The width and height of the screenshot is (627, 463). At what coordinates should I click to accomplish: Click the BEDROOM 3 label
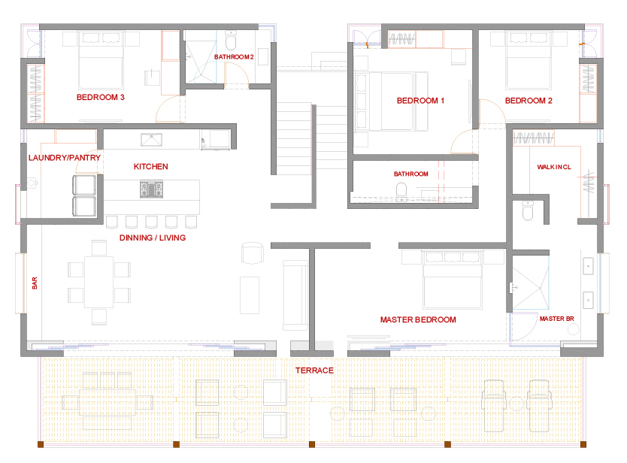click(101, 97)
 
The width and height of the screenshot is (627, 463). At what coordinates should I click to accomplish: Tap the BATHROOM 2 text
click(234, 57)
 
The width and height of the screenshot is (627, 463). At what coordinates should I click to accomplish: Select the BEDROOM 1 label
click(420, 101)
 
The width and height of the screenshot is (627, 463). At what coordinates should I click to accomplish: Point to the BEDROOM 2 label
click(529, 101)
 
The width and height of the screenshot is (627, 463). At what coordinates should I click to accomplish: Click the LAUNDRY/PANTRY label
click(65, 158)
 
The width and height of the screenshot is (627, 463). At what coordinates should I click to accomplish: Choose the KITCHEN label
click(151, 166)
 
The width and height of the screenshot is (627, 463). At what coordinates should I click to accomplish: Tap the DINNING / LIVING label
click(153, 238)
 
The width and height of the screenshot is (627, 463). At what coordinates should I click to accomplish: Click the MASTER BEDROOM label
click(418, 320)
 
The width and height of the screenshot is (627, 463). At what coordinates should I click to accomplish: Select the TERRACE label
click(314, 371)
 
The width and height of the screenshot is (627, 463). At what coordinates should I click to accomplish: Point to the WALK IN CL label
click(554, 167)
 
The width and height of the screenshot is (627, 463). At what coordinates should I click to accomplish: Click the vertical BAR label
click(35, 283)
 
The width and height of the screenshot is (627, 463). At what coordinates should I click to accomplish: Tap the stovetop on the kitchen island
click(152, 189)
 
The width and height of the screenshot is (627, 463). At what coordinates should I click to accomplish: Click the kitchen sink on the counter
click(152, 140)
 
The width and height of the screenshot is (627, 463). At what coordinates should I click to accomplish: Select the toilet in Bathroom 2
click(231, 40)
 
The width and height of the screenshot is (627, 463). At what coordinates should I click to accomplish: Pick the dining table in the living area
click(98, 283)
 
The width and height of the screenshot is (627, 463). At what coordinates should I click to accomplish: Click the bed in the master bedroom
click(453, 280)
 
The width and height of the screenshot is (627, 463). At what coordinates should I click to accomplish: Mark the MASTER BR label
click(556, 319)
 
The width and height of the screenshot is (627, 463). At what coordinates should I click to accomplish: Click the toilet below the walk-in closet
click(528, 210)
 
